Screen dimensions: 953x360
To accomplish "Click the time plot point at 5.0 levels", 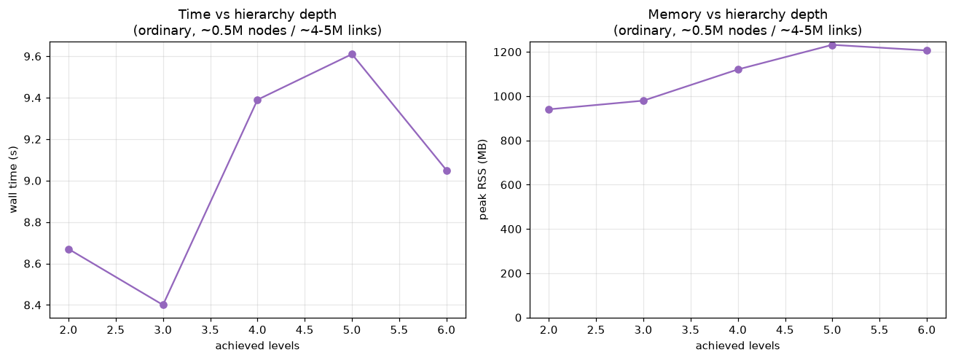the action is [x=352, y=55].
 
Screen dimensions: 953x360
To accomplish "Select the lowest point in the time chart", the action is [x=163, y=305].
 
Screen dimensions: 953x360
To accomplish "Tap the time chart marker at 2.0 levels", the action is [x=69, y=249].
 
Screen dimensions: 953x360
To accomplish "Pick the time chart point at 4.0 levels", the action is [x=257, y=100].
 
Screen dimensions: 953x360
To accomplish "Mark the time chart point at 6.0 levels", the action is [x=447, y=171].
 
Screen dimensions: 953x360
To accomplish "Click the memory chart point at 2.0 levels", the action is [x=549, y=109].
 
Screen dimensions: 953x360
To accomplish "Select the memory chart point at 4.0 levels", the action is [x=738, y=69].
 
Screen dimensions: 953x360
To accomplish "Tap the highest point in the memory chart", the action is [x=832, y=45].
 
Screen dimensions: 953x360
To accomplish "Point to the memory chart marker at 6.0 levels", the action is [x=927, y=50].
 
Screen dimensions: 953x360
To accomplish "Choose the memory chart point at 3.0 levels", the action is [x=643, y=101].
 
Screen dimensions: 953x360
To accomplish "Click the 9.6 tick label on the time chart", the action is [x=35, y=57].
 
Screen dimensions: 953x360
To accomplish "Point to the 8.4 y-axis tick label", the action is [x=35, y=305].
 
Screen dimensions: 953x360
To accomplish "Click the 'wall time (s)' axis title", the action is [x=13, y=179].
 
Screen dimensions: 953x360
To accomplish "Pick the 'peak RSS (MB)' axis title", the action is [x=483, y=179].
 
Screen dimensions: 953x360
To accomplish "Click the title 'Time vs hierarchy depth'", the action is [x=257, y=15].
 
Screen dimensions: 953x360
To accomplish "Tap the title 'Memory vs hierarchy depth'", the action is [x=738, y=15].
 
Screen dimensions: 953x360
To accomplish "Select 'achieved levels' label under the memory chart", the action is [x=738, y=345].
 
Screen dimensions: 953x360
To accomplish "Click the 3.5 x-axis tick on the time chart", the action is [x=210, y=330].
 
